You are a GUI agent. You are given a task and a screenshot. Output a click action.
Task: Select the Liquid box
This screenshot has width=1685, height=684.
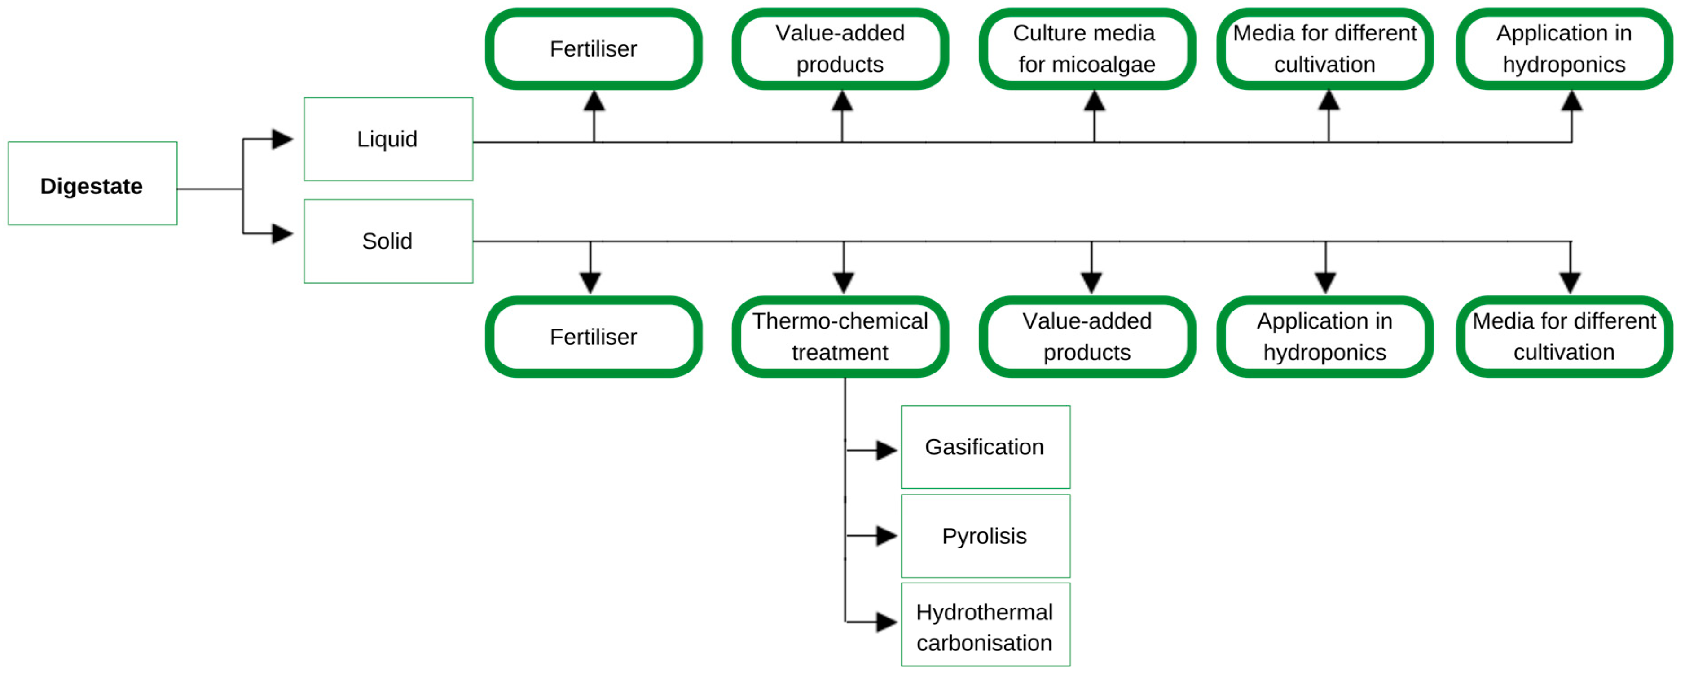[x=388, y=139]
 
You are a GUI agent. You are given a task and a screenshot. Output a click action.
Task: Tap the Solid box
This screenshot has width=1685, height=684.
[x=388, y=241]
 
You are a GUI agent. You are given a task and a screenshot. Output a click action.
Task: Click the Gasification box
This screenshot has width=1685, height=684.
[x=985, y=447]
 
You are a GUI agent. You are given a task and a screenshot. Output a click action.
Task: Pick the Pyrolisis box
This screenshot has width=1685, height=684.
[x=985, y=536]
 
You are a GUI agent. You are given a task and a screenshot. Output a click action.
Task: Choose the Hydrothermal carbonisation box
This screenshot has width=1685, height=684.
[x=985, y=625]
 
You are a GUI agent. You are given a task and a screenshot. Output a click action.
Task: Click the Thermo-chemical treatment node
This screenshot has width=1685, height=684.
[x=840, y=337]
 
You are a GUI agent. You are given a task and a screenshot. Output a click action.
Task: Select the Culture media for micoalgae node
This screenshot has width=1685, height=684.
[x=1087, y=49]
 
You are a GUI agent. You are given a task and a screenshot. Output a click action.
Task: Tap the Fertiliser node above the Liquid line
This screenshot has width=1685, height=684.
[x=593, y=49]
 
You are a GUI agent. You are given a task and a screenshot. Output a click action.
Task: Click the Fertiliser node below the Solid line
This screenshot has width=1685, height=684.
[x=593, y=337]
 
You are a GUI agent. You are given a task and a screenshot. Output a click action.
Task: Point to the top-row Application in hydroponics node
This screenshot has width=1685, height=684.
[x=1564, y=49]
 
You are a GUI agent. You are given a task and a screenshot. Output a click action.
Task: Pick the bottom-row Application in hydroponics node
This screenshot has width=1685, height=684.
[x=1324, y=337]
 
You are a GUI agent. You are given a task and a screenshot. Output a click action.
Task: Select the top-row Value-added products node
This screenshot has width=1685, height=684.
[x=840, y=49]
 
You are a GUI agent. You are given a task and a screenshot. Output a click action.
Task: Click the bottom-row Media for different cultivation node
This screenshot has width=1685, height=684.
[x=1564, y=337]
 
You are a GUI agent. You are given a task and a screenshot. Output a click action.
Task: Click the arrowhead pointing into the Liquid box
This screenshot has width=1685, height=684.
[x=282, y=139]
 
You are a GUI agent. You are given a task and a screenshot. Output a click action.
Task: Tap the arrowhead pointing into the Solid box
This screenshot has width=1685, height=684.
[x=282, y=233]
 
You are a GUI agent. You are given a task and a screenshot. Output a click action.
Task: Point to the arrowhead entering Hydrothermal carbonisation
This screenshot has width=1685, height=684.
[x=886, y=622]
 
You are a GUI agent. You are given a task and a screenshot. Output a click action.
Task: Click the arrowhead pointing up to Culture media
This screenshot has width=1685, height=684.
[x=1094, y=101]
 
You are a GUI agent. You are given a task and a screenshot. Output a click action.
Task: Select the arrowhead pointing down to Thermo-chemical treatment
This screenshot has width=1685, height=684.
[x=844, y=282]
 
